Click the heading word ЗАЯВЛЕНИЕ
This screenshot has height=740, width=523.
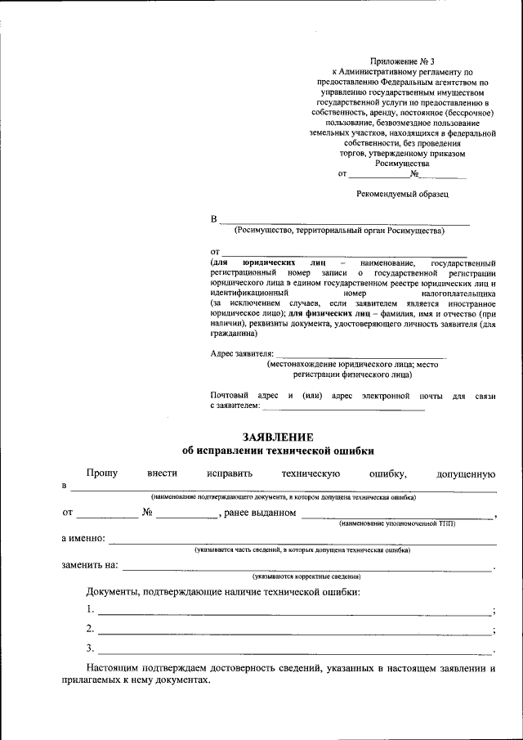(x=278, y=437)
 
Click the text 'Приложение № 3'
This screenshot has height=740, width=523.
(x=401, y=61)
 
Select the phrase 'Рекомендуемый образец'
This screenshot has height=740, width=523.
(x=402, y=194)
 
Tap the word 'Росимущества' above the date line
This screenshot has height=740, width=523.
(x=401, y=163)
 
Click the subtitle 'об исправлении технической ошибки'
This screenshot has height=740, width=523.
(x=278, y=451)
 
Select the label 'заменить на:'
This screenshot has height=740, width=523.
(x=90, y=565)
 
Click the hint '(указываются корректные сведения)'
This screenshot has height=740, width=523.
(x=306, y=576)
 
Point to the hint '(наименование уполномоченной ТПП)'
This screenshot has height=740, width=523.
(x=397, y=522)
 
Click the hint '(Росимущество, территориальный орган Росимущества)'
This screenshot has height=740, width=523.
(x=338, y=231)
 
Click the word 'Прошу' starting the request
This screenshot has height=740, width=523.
(x=102, y=473)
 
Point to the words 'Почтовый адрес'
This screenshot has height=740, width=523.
(x=241, y=395)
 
